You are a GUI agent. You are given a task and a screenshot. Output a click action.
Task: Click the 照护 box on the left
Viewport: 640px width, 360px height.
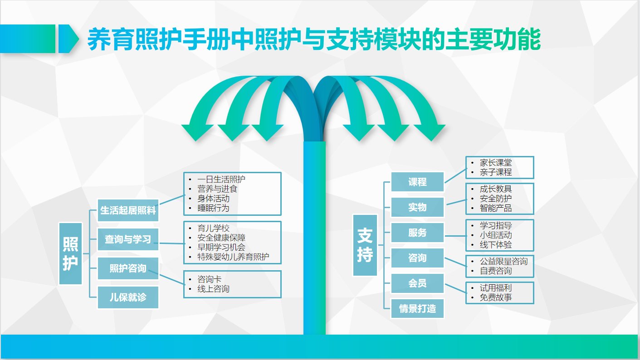click(70, 253)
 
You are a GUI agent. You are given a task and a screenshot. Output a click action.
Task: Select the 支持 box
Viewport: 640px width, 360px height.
click(365, 245)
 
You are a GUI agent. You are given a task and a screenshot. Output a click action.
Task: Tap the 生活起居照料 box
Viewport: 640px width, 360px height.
click(128, 210)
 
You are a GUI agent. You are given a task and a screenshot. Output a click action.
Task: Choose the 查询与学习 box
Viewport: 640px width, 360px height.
click(128, 239)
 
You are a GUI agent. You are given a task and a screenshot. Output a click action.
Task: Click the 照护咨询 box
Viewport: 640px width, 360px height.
click(128, 268)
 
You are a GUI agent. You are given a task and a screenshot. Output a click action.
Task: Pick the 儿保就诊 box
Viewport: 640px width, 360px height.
click(128, 297)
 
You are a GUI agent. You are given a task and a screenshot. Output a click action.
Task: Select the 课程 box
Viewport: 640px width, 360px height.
click(417, 182)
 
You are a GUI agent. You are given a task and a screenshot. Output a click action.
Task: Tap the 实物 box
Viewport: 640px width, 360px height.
click(417, 207)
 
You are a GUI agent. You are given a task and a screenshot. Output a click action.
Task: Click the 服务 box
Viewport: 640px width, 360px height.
click(417, 233)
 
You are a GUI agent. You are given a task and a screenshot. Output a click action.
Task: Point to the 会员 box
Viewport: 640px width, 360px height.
click(417, 283)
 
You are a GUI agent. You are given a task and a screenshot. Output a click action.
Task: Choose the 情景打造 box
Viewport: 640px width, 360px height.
click(417, 309)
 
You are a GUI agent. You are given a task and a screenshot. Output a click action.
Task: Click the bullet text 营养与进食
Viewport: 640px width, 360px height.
click(217, 189)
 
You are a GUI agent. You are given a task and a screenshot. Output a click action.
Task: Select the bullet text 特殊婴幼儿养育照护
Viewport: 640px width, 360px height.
click(233, 257)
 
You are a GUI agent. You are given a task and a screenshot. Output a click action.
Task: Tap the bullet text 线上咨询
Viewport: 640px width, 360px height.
click(213, 289)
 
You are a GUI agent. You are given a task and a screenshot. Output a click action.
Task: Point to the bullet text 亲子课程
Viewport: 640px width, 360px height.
click(496, 172)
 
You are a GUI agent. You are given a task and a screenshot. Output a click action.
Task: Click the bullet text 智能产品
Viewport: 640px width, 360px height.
click(496, 208)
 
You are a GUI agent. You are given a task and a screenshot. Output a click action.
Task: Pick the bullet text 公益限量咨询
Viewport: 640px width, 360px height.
click(503, 261)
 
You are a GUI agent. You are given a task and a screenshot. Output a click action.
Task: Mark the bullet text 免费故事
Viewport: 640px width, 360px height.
click(496, 297)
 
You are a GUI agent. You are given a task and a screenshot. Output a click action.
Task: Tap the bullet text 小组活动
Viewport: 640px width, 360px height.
click(496, 235)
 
